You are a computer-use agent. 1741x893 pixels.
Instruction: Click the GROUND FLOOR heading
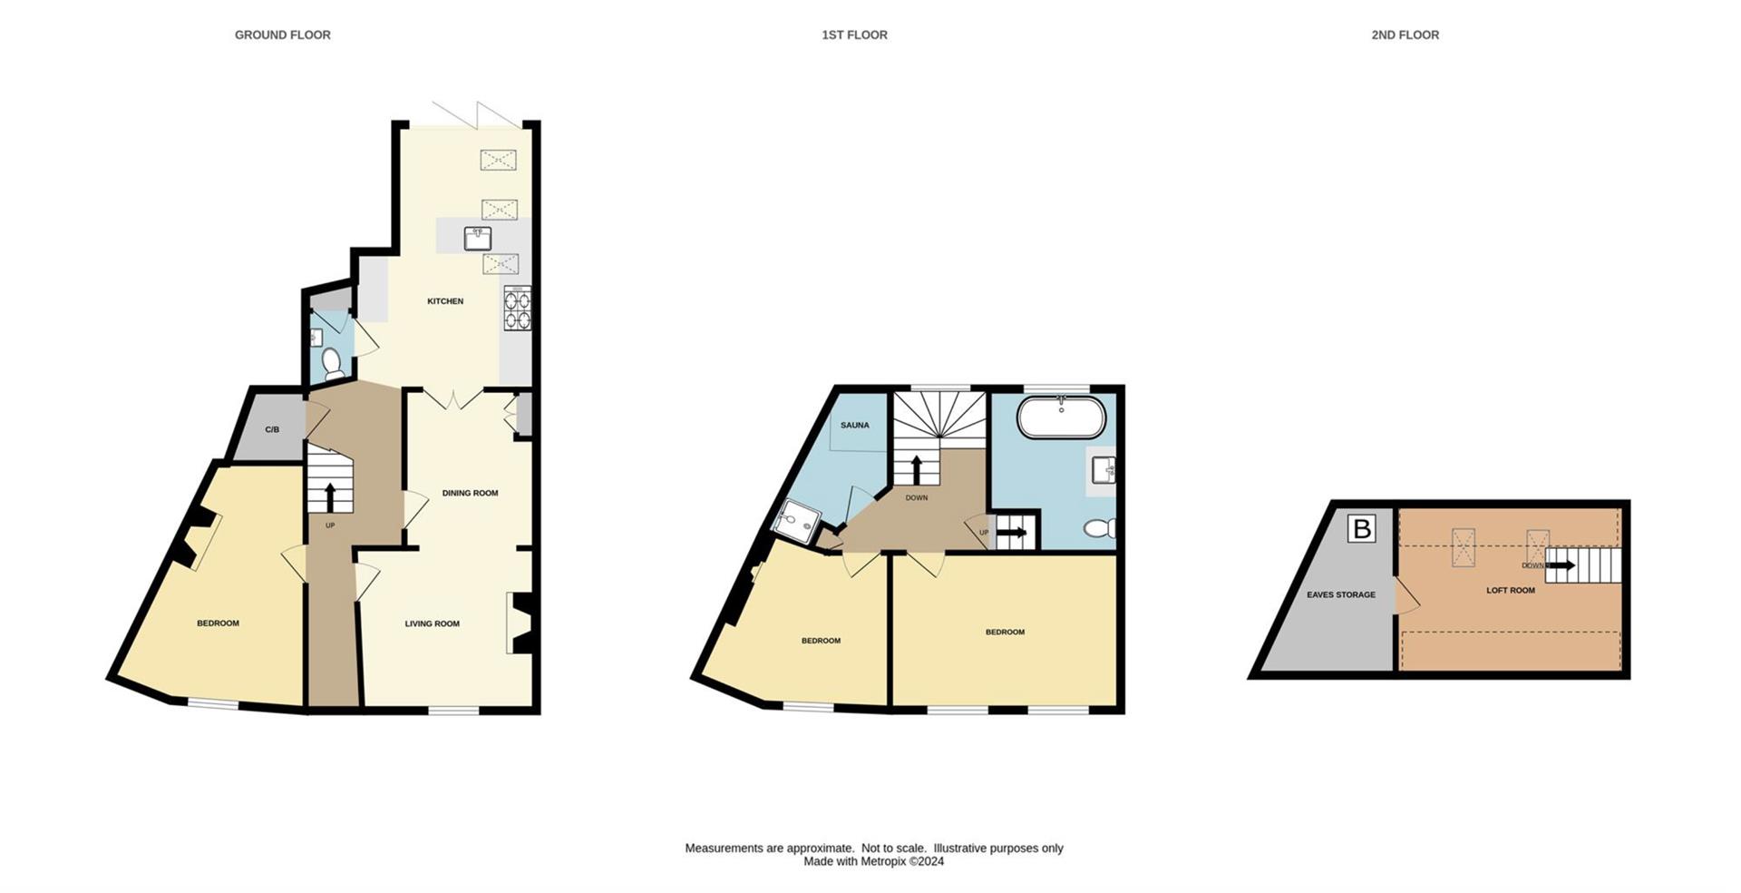pos(282,34)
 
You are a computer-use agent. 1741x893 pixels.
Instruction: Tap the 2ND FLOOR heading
pos(1405,34)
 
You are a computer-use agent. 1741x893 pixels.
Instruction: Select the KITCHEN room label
pos(445,301)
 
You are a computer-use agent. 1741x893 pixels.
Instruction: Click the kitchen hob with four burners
pos(517,309)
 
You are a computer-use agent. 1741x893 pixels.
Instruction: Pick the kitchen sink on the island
pos(478,239)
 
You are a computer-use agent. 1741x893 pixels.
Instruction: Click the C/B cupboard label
pos(272,429)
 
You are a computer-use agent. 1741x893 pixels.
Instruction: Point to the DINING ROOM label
pos(470,493)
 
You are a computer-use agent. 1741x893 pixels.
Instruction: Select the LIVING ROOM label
pos(432,623)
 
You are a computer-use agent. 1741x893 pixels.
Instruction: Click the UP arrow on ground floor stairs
pos(329,497)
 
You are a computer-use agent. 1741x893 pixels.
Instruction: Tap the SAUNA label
pos(854,425)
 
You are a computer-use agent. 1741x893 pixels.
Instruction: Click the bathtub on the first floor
pos(1061,418)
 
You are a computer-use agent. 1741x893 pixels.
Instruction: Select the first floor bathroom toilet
pos(1099,528)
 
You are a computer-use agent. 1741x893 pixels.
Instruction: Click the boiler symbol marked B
pos(1361,529)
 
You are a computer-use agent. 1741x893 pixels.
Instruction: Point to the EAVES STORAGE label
pos(1340,594)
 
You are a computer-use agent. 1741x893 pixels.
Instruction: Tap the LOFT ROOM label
pos(1510,590)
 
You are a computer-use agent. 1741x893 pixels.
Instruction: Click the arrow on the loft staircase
pos(1561,565)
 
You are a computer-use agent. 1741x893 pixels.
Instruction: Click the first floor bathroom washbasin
pos(1103,470)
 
